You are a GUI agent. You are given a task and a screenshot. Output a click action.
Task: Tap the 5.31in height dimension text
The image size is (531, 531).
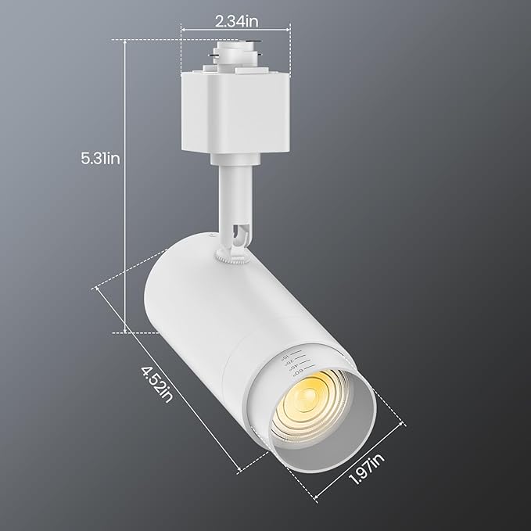[x=100, y=158]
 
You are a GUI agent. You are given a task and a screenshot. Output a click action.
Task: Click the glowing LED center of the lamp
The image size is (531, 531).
[x=312, y=399]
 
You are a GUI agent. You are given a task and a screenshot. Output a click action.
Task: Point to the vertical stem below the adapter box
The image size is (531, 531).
[x=231, y=192]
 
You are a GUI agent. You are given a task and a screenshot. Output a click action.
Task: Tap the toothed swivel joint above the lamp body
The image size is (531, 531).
[x=234, y=257]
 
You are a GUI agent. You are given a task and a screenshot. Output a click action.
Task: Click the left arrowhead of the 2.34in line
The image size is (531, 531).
[x=183, y=30]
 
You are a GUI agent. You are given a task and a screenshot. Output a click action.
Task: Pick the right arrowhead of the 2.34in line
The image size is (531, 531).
[x=289, y=30]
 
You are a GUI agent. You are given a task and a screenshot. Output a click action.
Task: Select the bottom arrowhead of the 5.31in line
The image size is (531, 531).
[x=126, y=331]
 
